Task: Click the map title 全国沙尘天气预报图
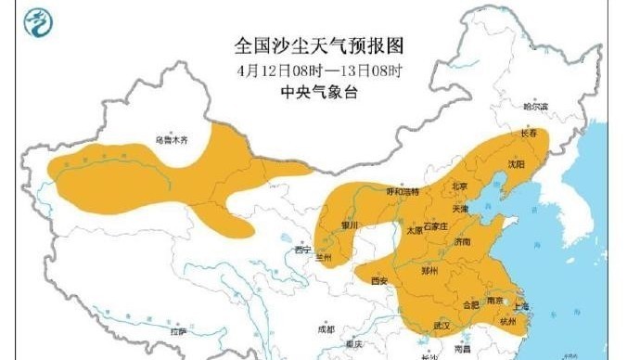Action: (320, 45)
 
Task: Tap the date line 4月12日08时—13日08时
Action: (320, 70)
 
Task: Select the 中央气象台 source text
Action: (320, 92)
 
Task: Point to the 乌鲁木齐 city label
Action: (172, 141)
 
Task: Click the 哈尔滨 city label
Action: (536, 107)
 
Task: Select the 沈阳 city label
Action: (516, 163)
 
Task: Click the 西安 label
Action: (378, 279)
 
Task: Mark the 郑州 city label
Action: (429, 271)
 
